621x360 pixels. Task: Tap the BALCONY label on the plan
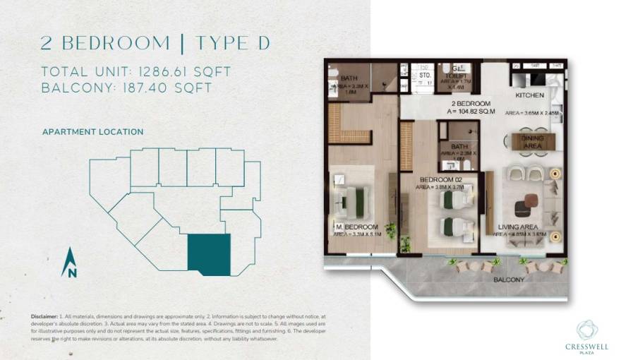click(509, 280)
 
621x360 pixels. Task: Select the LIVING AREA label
click(519, 227)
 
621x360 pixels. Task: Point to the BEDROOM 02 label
click(440, 181)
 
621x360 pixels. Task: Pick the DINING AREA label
click(532, 143)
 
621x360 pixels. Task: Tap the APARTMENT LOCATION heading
click(92, 132)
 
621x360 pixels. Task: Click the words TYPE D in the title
click(233, 43)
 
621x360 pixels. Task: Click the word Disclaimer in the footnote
click(44, 316)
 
